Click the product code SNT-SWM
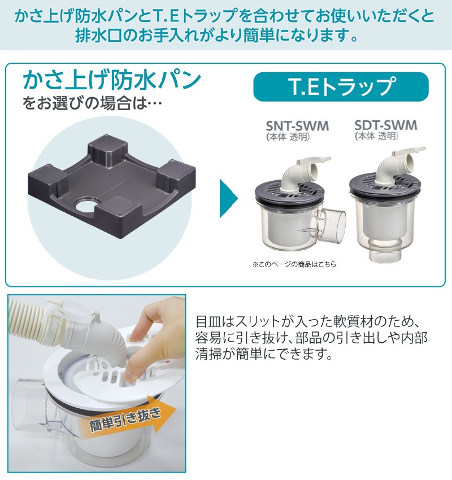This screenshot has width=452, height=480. click(x=297, y=126)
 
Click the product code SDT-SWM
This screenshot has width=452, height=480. click(x=386, y=125)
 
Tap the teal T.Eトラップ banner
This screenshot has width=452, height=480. click(x=341, y=86)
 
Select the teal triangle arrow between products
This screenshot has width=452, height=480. click(x=228, y=198)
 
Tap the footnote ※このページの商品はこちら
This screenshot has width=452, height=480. click(x=294, y=264)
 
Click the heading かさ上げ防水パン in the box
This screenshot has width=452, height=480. click(x=112, y=80)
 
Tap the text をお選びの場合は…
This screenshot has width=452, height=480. click(x=92, y=103)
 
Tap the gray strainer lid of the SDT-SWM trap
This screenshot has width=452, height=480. click(x=385, y=184)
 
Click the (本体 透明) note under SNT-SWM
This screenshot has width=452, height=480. click(x=288, y=137)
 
